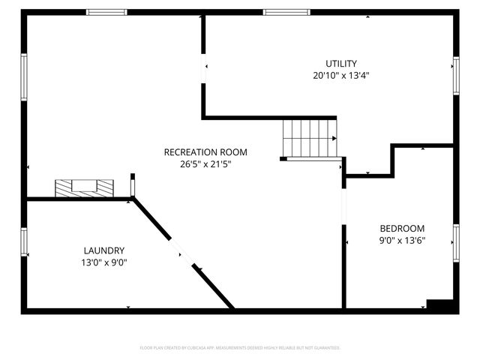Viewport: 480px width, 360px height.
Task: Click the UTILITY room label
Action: [x=340, y=64]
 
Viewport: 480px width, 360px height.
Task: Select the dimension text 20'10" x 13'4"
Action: [x=340, y=75]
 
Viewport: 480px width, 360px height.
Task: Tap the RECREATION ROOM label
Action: [x=205, y=152]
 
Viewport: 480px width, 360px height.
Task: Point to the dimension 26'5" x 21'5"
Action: [x=205, y=163]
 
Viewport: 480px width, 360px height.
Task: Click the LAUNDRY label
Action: [x=103, y=250]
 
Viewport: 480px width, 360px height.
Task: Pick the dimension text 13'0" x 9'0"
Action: [x=103, y=262]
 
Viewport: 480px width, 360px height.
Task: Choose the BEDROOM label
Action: [x=402, y=229]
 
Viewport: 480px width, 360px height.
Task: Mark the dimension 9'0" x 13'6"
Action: [x=402, y=240]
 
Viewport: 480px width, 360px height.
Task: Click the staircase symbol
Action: [x=308, y=138]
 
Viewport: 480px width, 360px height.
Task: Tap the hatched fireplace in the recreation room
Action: [x=84, y=187]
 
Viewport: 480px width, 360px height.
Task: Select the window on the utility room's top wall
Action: [x=286, y=12]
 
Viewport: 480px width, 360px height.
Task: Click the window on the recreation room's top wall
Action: [x=106, y=12]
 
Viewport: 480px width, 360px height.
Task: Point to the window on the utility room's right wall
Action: [x=455, y=76]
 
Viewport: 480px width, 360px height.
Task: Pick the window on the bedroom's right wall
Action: [x=455, y=243]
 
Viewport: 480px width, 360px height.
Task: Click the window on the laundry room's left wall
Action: [x=24, y=241]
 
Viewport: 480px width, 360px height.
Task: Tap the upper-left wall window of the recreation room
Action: [x=24, y=76]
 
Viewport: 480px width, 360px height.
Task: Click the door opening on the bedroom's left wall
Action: [x=343, y=206]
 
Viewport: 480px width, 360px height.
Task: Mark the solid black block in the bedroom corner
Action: [x=442, y=305]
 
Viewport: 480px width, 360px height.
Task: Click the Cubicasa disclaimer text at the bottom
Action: [x=240, y=348]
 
